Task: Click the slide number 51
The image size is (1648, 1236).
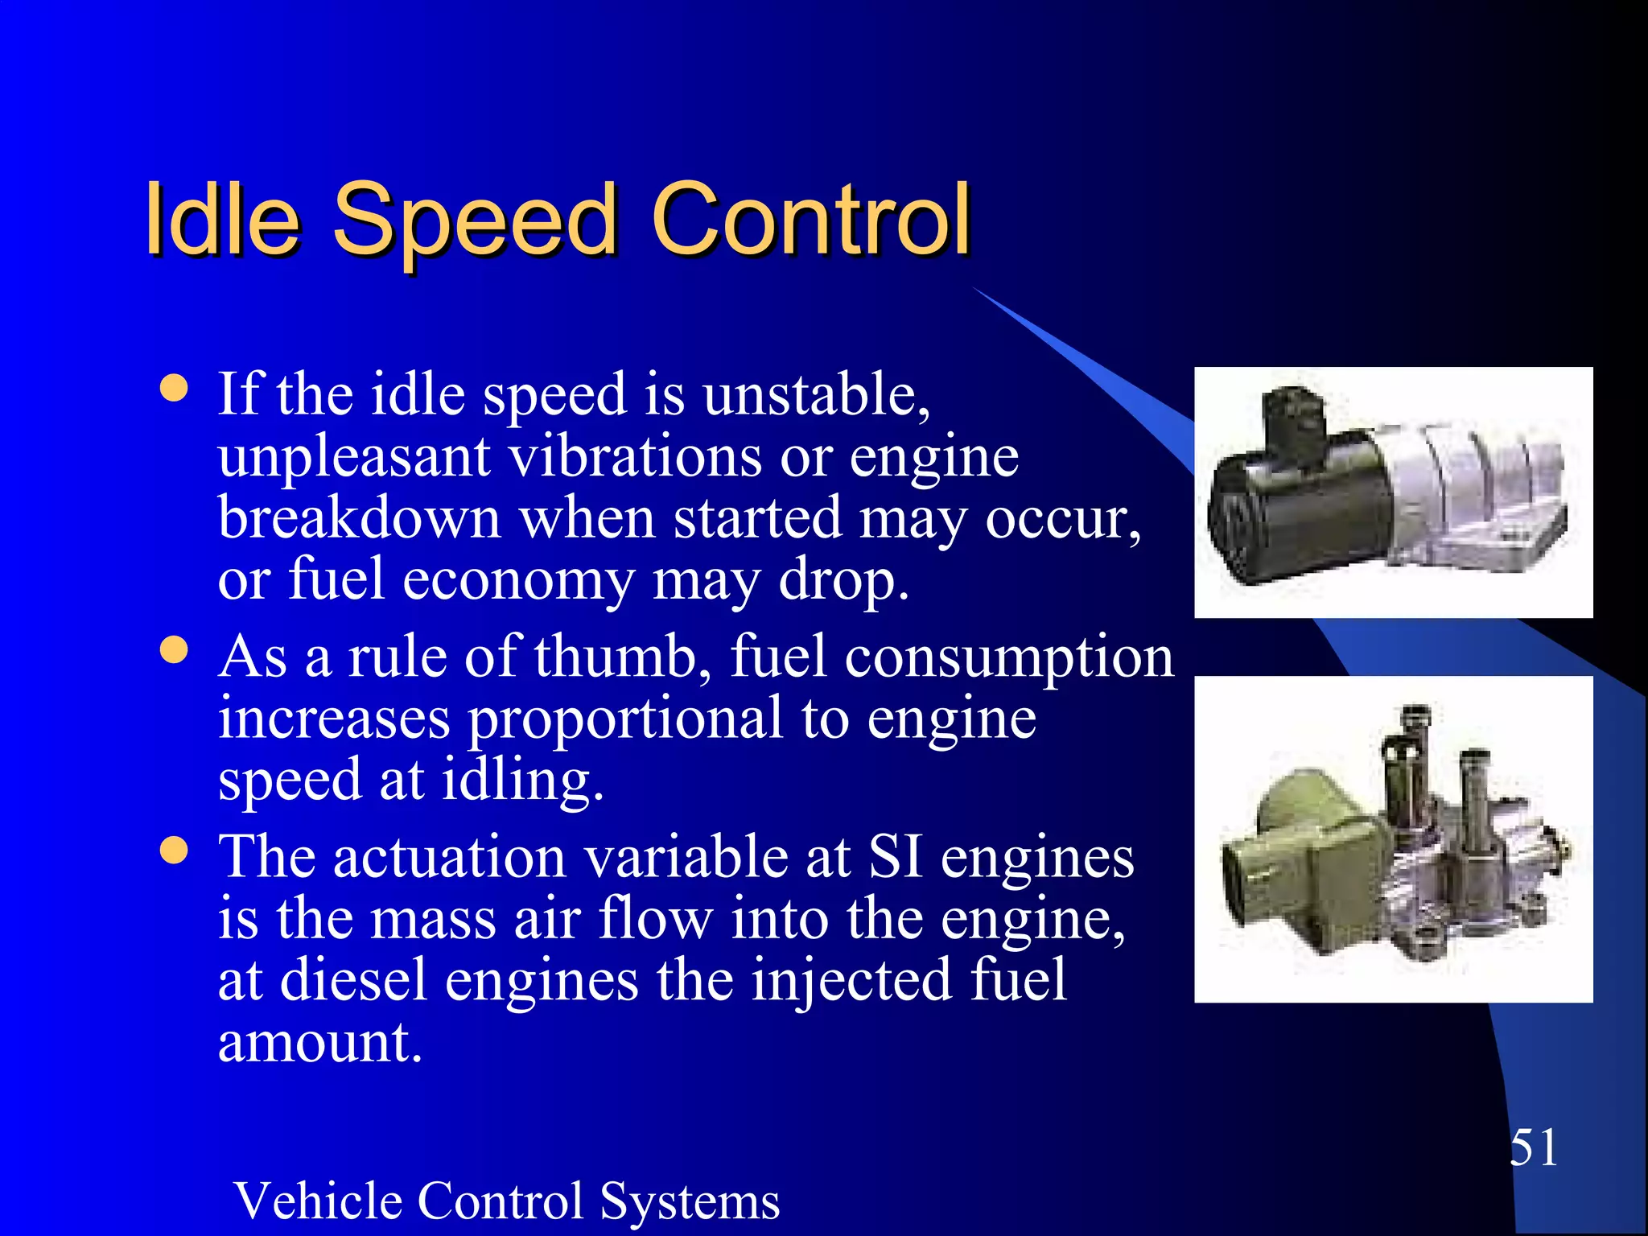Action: tap(1533, 1147)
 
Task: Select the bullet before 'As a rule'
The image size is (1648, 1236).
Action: tap(174, 649)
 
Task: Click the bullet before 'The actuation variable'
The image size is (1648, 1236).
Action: tap(174, 850)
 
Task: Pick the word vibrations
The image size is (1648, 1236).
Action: tap(636, 456)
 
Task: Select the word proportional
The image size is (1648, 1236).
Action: tap(625, 719)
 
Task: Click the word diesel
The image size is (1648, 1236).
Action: tap(353, 980)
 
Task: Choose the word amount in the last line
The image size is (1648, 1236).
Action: tap(319, 1042)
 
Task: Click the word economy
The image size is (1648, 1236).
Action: tap(518, 580)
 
